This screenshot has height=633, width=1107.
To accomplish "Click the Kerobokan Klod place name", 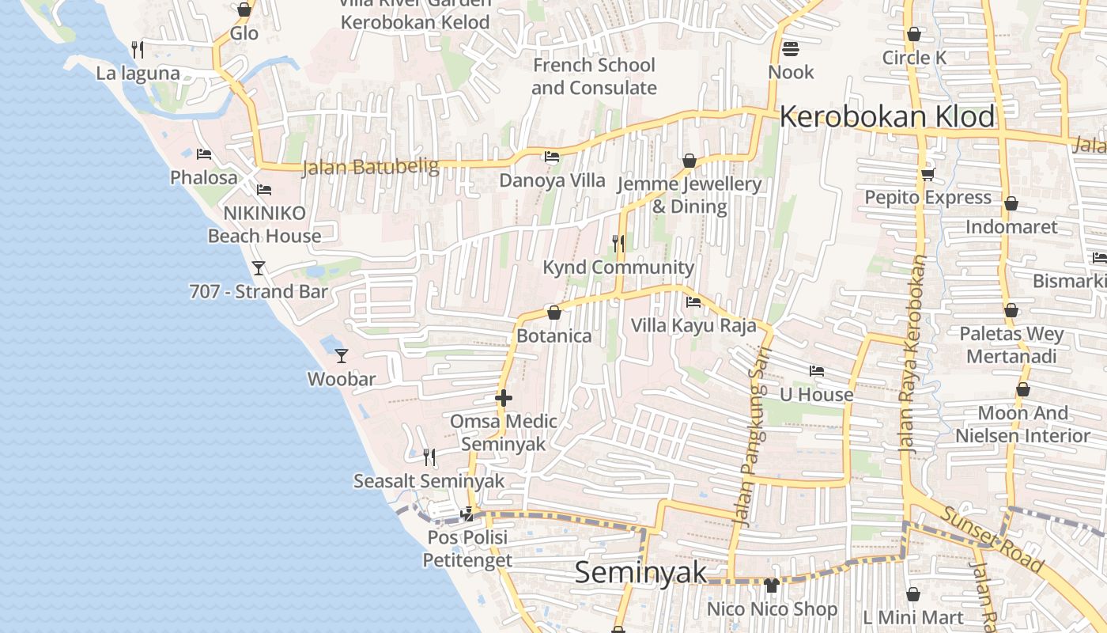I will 887,117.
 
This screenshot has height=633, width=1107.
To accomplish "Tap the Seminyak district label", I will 640,572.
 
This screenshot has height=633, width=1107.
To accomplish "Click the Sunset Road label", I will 992,540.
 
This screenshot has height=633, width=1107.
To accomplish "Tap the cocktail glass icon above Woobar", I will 342,356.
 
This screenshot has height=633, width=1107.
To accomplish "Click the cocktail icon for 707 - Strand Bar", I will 259,268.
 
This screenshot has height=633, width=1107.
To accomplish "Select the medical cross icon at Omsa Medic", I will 504,398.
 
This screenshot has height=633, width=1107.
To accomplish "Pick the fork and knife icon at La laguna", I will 138,50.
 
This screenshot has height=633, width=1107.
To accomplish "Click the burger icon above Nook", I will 790,49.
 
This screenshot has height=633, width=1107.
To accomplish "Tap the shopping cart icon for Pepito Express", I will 928,174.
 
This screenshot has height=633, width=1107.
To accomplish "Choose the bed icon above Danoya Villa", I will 552,157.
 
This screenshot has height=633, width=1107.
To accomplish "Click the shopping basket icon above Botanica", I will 554,313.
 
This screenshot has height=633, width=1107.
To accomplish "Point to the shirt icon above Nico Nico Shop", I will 772,586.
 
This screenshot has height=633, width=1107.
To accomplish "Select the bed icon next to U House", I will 817,370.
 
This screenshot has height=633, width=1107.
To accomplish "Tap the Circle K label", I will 914,58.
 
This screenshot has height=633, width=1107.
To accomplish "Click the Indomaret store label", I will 1011,227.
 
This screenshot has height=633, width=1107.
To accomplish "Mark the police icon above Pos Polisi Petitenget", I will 467,514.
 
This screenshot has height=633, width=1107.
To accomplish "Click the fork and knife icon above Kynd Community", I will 618,244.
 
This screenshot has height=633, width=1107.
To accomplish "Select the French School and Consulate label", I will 594,76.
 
